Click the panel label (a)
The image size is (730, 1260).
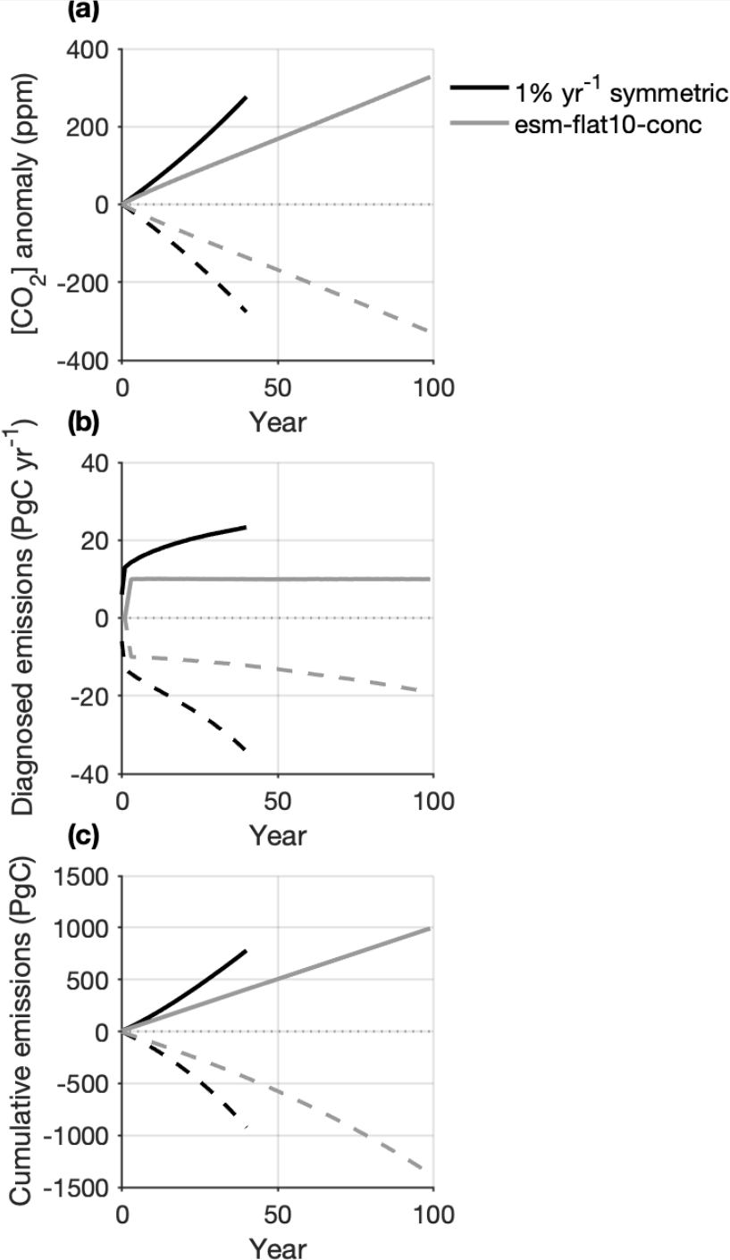pos(83,11)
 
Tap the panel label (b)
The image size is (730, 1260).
pos(83,423)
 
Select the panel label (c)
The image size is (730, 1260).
pos(83,837)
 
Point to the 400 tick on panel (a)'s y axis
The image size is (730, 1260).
pos(87,49)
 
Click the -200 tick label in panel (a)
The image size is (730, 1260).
pos(82,282)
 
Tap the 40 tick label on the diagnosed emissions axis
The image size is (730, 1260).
pos(95,463)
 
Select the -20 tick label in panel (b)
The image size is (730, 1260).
pos(90,697)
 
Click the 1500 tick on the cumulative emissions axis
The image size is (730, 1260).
pos(81,876)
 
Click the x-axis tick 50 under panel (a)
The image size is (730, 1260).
pos(278,388)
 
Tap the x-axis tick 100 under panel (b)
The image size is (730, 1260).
pos(432,802)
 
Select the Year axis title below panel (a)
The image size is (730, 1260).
pos(278,421)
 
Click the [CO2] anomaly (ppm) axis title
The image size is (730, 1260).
pos(25,203)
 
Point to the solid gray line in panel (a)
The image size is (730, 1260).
pos(277,139)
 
